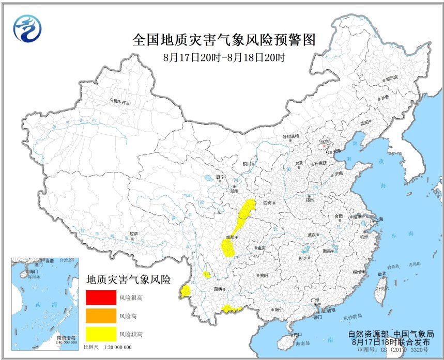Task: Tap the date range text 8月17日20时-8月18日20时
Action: pos(224,57)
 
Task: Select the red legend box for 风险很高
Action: pos(101,298)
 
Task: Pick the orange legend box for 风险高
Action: pos(101,316)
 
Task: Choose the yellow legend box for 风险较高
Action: pos(101,334)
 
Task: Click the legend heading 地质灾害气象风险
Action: pos(128,280)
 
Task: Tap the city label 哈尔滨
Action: pos(392,78)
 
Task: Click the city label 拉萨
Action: pos(134,233)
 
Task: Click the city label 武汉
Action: pos(312,234)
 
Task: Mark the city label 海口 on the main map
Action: pos(297,335)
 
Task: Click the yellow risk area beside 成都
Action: pos(227,247)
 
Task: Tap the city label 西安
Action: pos(267,202)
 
